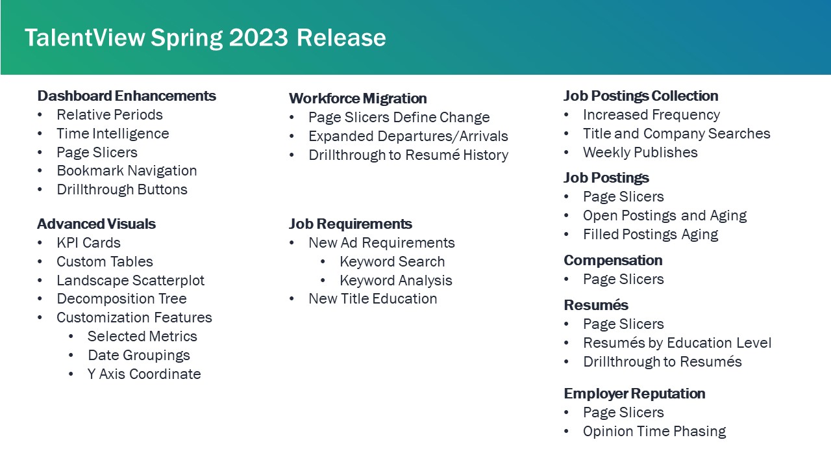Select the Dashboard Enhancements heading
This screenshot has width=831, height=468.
[x=127, y=96]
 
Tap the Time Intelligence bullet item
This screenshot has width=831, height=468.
[x=112, y=134]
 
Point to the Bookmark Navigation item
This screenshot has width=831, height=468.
[x=127, y=171]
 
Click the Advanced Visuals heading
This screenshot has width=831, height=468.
[x=96, y=224]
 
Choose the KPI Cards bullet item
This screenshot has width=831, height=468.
[x=88, y=243]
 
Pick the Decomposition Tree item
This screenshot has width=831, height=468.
[x=121, y=299]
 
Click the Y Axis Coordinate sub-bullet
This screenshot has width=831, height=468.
[x=144, y=374]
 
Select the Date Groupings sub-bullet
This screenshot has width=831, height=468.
[x=138, y=356]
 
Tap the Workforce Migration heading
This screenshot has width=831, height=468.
[x=358, y=99]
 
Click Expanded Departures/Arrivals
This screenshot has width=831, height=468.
[x=408, y=136]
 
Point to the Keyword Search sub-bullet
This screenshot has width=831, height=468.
[x=392, y=262]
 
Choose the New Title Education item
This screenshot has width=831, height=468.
[x=373, y=299]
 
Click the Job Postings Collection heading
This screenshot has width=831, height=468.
[x=641, y=96]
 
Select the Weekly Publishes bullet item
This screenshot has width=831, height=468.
[x=640, y=153]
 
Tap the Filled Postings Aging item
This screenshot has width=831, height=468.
[x=651, y=235]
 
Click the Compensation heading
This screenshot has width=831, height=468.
[x=613, y=261]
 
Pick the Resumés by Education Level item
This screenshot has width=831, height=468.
[x=677, y=343]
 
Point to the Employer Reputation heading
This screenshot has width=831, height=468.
[x=634, y=394]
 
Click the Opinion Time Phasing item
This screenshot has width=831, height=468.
[x=654, y=432]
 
